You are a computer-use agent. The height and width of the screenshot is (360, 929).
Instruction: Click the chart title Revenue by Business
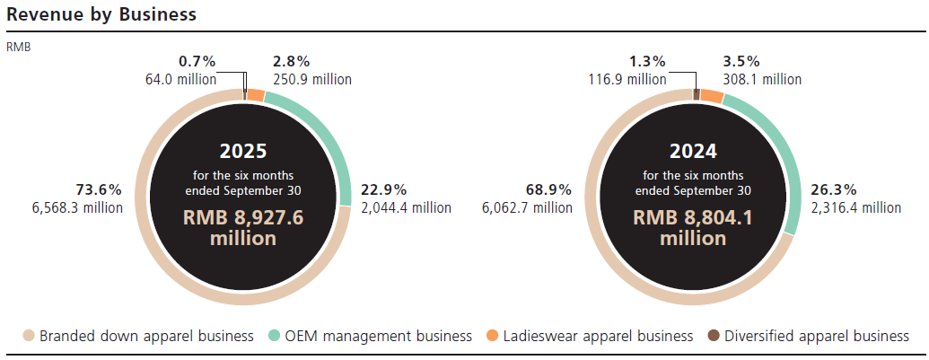pyautogui.click(x=101, y=15)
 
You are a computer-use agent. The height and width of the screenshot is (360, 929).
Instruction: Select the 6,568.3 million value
pyautogui.click(x=76, y=207)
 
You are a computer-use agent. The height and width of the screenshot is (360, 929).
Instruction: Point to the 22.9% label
pyautogui.click(x=384, y=190)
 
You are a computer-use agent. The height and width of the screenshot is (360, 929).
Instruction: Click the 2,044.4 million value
pyautogui.click(x=406, y=207)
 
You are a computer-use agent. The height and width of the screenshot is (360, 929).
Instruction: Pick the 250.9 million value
pyautogui.click(x=311, y=79)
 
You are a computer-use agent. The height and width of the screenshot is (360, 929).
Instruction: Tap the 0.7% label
pyautogui.click(x=197, y=62)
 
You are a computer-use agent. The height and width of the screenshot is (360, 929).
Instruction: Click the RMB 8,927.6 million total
pyautogui.click(x=244, y=228)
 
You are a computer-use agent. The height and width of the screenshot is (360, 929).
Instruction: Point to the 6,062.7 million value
pyautogui.click(x=527, y=207)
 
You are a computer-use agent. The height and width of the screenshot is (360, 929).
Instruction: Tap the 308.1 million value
pyautogui.click(x=762, y=79)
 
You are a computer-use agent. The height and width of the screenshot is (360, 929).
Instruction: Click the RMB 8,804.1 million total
pyautogui.click(x=693, y=228)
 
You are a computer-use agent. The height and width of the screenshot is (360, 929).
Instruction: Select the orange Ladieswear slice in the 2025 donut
pyautogui.click(x=256, y=95)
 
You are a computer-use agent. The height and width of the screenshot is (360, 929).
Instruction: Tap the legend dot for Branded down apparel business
pyautogui.click(x=29, y=336)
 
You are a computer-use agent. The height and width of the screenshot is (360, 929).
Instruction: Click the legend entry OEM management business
pyautogui.click(x=378, y=336)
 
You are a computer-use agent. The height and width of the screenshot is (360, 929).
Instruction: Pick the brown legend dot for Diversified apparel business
pyautogui.click(x=713, y=336)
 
